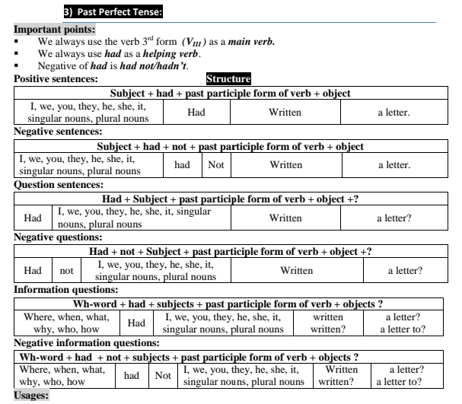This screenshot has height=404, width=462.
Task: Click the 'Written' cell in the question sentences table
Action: (285, 217)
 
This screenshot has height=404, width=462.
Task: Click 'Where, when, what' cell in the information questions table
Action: (69, 323)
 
